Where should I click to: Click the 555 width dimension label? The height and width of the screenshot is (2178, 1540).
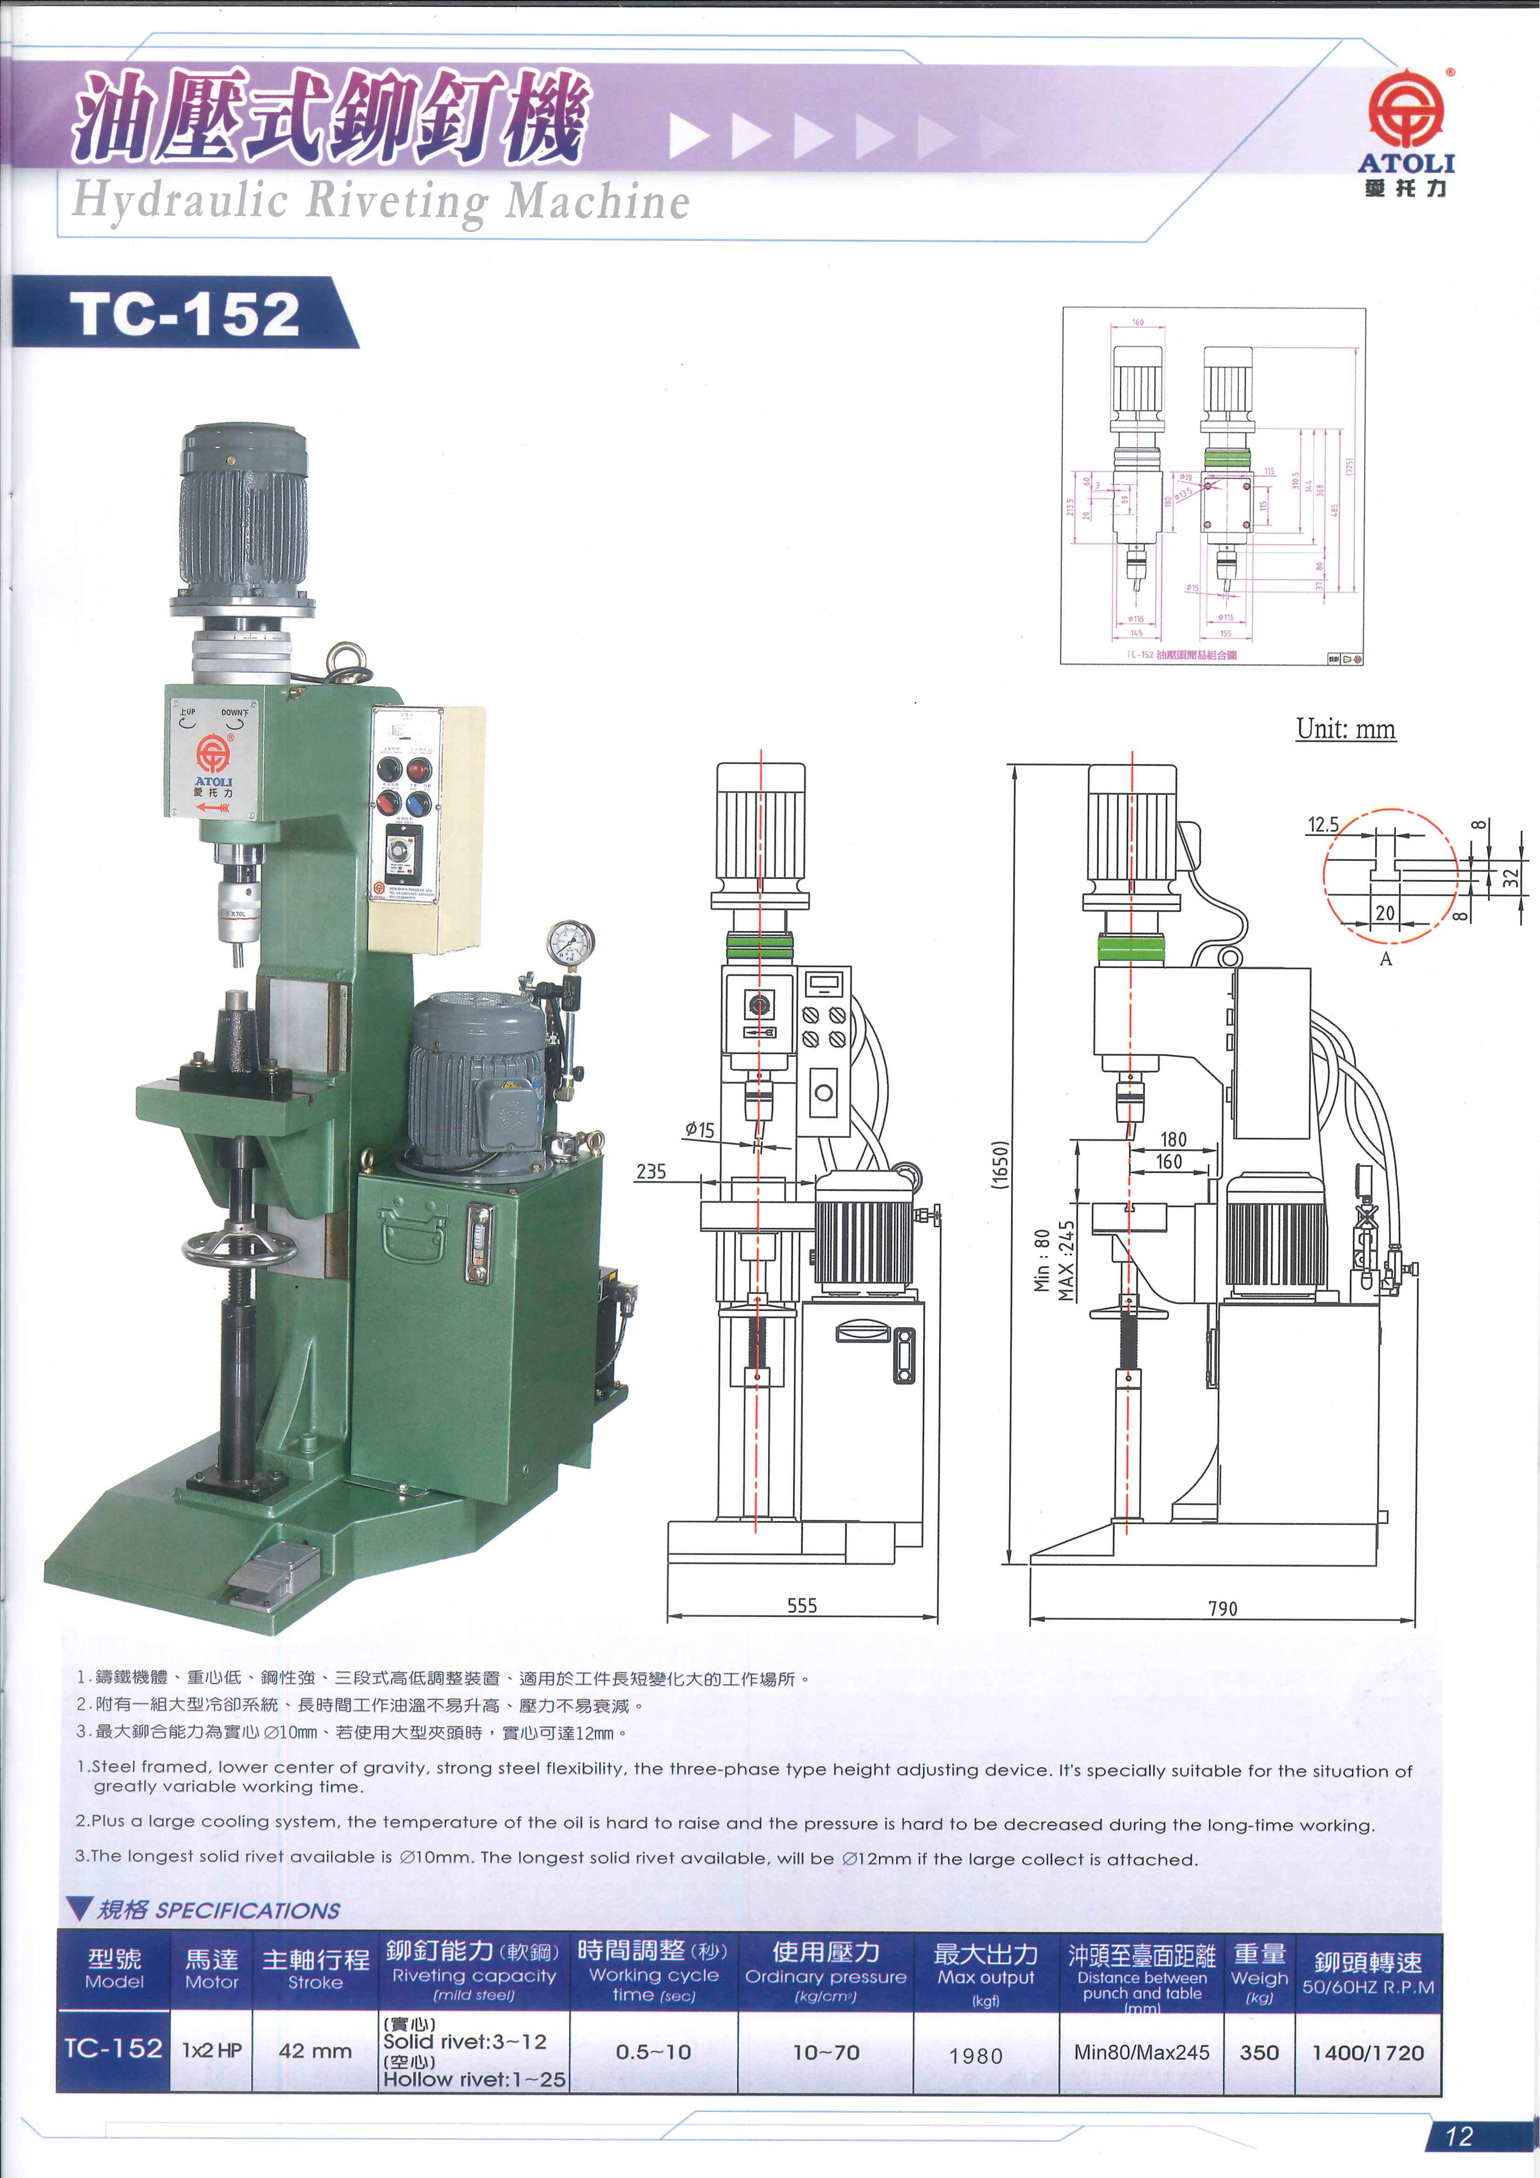click(801, 1605)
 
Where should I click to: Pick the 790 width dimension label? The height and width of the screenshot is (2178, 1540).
click(1223, 1608)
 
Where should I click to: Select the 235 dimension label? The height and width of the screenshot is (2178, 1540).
click(650, 1172)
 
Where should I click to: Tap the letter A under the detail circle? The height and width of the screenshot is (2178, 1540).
click(1385, 959)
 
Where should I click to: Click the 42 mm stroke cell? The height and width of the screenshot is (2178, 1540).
click(315, 2051)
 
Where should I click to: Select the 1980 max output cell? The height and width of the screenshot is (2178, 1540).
click(976, 2056)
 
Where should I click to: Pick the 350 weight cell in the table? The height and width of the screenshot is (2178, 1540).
click(1258, 2052)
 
